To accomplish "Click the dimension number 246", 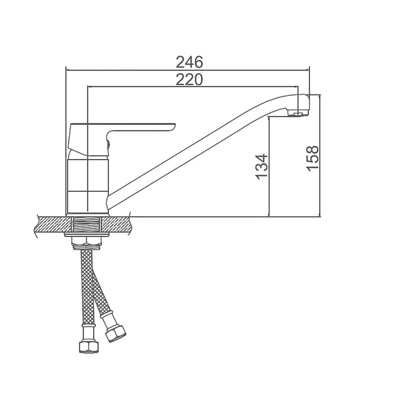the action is (189, 62).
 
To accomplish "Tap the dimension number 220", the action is (189, 80).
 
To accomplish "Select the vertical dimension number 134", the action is (261, 167).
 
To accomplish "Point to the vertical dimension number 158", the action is (313, 159).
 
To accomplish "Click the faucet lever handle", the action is (121, 134).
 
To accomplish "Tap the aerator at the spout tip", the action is (298, 113).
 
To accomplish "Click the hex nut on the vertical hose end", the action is (89, 346).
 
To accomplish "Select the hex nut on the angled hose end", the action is (115, 333).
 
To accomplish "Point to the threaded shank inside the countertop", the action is (86, 225).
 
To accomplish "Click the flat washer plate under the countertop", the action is (86, 235).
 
